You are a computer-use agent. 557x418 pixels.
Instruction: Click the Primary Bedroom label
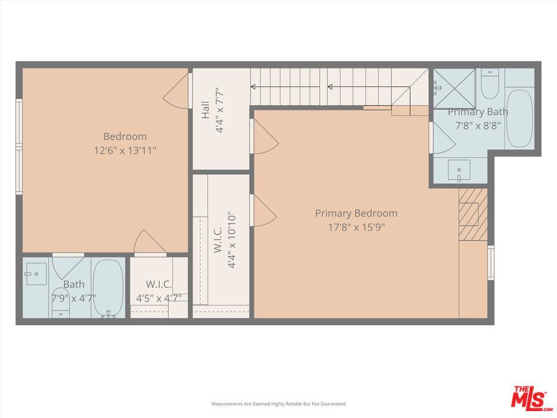(356, 213)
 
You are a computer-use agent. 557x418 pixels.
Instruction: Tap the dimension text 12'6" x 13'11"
(125, 151)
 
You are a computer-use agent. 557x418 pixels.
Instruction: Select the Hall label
(205, 110)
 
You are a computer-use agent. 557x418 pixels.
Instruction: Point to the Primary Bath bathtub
(519, 118)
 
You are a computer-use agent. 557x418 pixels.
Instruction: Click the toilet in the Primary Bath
(490, 84)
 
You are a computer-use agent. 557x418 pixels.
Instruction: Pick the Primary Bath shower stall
(454, 88)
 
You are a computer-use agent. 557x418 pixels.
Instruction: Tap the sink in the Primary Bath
(459, 170)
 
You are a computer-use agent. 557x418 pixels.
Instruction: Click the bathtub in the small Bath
(108, 289)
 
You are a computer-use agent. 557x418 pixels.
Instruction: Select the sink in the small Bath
(35, 273)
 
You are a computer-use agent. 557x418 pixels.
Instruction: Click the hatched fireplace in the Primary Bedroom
(473, 214)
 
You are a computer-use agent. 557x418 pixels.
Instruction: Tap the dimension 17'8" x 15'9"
(356, 227)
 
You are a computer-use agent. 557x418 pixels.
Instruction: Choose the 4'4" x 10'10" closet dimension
(232, 240)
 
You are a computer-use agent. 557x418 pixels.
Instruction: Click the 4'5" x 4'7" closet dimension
(159, 298)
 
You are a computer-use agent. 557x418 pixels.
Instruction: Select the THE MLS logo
(531, 397)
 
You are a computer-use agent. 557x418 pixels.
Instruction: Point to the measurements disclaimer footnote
(278, 404)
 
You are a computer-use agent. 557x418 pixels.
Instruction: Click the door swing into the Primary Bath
(444, 138)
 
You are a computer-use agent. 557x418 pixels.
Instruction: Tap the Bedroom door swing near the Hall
(175, 91)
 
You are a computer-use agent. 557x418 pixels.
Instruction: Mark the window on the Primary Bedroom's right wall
(491, 262)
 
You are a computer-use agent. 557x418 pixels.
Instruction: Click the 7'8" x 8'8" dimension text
(478, 125)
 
